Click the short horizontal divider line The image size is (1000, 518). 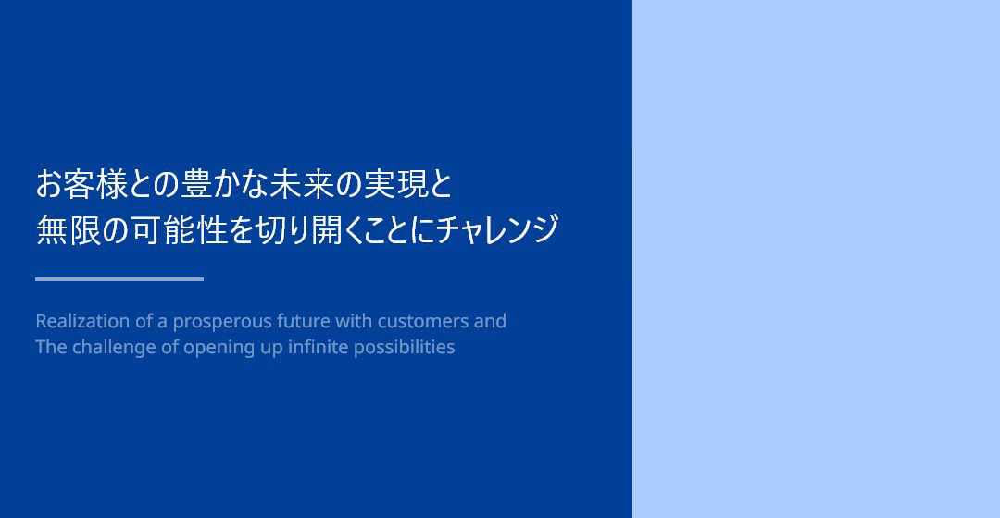pos(119,279)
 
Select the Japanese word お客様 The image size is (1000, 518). pos(81,184)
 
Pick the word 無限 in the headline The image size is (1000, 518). pos(69,229)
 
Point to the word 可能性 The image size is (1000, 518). pos(180,229)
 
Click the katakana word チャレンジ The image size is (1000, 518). pos(498,229)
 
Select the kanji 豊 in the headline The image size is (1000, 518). pos(196,184)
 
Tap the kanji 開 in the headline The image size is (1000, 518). pos(327,229)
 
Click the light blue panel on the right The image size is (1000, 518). pos(817,259)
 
